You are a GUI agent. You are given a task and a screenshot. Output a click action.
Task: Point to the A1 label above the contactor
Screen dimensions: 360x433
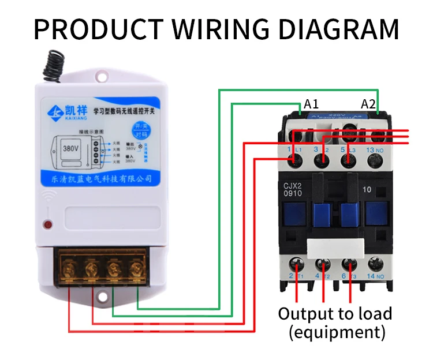pyautogui.click(x=312, y=104)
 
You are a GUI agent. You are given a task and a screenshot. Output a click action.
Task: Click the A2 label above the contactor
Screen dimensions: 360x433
pyautogui.click(x=368, y=104)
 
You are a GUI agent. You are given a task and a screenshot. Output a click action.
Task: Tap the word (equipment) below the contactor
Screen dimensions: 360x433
pyautogui.click(x=337, y=332)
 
